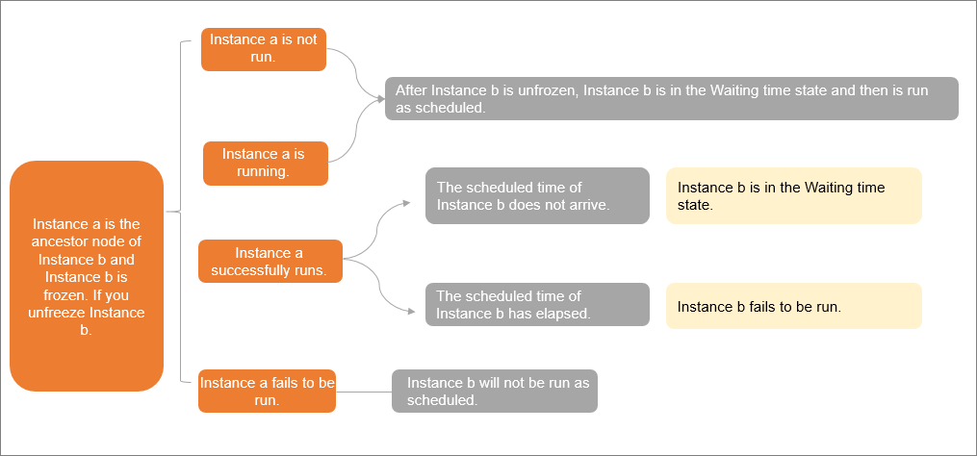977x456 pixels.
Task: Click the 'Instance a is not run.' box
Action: click(264, 49)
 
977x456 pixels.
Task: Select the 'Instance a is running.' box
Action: click(265, 164)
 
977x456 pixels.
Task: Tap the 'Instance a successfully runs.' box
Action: click(270, 262)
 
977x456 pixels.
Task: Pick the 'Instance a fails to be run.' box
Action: click(267, 391)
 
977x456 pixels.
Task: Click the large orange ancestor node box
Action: click(87, 276)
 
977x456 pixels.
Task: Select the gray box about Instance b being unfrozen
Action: click(671, 99)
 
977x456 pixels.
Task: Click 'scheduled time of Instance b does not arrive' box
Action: click(537, 195)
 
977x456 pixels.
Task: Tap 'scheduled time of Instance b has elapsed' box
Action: click(537, 304)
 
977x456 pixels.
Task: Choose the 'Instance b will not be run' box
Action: click(494, 391)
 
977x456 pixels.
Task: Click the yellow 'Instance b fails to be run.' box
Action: click(793, 306)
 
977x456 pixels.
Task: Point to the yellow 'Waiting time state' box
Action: click(793, 196)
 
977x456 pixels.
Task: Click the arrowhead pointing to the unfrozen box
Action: click(381, 99)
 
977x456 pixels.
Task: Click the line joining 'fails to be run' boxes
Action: click(364, 392)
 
